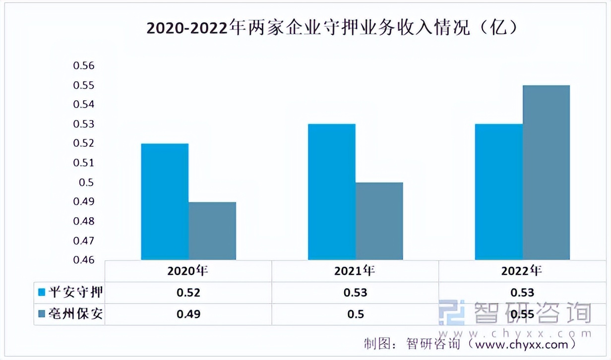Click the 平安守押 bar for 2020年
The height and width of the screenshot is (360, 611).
[165, 201]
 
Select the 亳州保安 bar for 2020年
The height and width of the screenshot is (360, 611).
[212, 231]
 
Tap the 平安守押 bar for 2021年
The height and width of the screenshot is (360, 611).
[332, 191]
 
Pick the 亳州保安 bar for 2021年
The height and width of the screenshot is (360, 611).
[379, 221]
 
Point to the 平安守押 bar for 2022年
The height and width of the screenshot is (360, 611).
[498, 191]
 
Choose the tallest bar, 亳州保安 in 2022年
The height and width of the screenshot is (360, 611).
[546, 172]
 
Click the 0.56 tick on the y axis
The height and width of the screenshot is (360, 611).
[84, 66]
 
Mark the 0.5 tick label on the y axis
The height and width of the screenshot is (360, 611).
[87, 182]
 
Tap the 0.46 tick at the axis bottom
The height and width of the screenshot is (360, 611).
[84, 260]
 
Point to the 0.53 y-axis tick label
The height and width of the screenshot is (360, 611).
[84, 124]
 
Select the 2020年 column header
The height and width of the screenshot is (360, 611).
[188, 271]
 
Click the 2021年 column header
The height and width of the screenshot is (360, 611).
[355, 271]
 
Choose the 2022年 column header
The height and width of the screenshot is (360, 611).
[522, 271]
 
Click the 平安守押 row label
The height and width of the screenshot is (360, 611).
[76, 292]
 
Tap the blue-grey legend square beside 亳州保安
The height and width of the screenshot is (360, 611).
[42, 314]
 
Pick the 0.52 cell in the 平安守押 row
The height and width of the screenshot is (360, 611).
[188, 293]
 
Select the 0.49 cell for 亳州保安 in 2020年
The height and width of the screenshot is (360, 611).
[188, 314]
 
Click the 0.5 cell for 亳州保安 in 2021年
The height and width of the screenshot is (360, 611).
[355, 314]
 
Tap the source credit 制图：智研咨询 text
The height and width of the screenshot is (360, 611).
[415, 344]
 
